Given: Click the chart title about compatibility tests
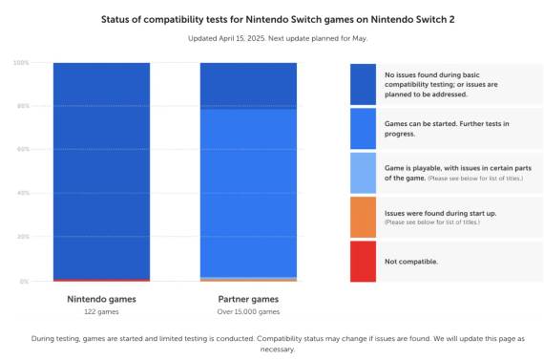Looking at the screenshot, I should point(271,18).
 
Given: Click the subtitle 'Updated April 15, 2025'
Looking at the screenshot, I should point(271,39).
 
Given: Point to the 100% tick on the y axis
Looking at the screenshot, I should point(21,63).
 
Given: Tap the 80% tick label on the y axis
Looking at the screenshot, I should point(22,106).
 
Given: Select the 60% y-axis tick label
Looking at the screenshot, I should point(22,150).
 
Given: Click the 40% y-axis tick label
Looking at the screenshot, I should point(22,194).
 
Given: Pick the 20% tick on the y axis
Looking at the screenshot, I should point(22,237).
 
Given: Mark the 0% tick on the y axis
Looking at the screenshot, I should point(24,281).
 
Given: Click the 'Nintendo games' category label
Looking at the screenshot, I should point(101,299).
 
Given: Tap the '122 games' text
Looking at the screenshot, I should point(101,311).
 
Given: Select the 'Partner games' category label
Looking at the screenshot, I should point(248,299).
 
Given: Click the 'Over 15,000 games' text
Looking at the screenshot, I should point(248,311).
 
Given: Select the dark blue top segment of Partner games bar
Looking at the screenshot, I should point(248,85).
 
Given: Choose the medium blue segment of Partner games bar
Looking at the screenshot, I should point(248,191).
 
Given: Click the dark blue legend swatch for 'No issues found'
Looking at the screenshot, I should point(363,84).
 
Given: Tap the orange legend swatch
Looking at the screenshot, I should point(363,217).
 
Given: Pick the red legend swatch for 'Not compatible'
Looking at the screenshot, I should point(363,261).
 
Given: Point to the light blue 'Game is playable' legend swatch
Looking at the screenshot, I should point(363,173).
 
